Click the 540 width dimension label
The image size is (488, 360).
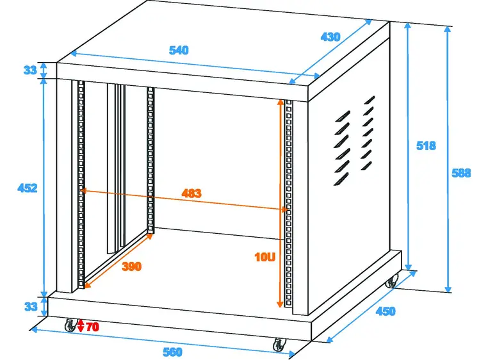point(179,50)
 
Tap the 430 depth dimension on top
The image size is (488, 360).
point(330,37)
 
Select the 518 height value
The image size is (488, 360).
point(426,145)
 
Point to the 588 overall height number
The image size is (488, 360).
point(461,172)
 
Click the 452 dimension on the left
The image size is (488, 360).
point(28,188)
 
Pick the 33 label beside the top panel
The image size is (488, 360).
point(30,70)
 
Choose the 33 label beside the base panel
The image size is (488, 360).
point(30,307)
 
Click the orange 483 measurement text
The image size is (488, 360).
point(191,193)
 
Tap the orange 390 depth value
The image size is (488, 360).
point(131,266)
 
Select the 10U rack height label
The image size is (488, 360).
point(264,258)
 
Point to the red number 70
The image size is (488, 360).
point(92,327)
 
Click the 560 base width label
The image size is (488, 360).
point(172,352)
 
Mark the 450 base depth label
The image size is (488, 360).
point(385,311)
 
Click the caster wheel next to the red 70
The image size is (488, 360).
point(70,325)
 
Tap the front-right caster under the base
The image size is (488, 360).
point(279,345)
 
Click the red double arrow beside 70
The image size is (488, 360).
point(81,325)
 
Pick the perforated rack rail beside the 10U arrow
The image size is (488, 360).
point(289,205)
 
